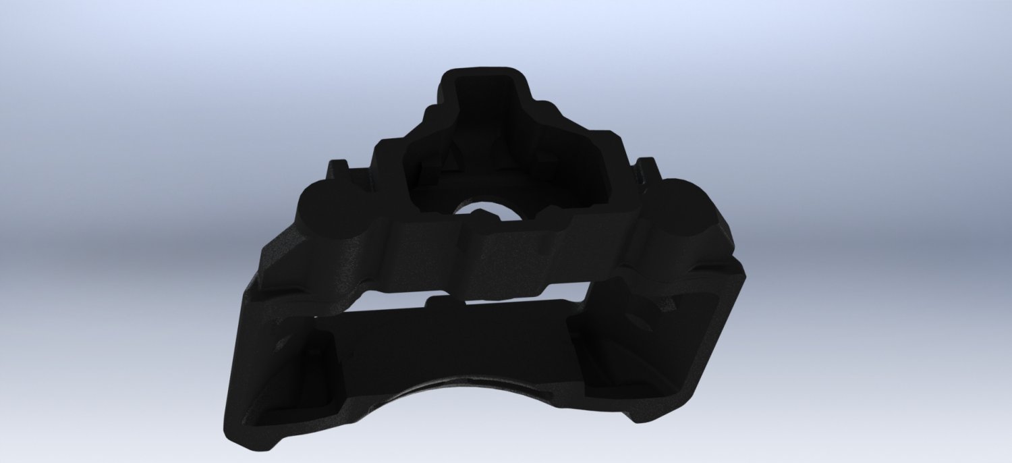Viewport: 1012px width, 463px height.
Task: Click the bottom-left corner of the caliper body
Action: (233, 432)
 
